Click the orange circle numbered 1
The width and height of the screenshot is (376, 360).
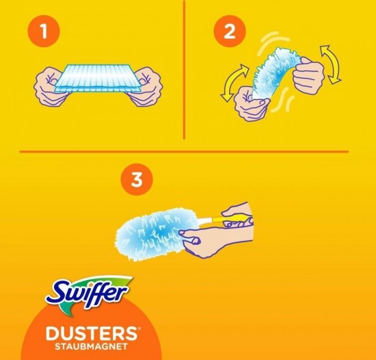pos(43,31)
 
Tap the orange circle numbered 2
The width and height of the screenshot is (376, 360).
pos(230,31)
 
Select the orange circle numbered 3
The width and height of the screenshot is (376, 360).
pos(137,179)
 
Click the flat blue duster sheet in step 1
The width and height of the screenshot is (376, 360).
pos(97,78)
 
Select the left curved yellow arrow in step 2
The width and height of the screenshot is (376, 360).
pos(234,83)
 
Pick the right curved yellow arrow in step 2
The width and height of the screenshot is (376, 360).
pos(330,64)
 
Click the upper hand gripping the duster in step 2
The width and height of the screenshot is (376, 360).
pos(308,73)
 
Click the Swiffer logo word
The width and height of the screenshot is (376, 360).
pos(86,292)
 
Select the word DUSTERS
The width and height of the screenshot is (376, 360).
pos(92,333)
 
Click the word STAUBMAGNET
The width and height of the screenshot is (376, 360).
pos(91,347)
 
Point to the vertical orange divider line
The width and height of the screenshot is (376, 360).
pos(184,70)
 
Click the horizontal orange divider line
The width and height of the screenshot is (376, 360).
pos(184,151)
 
